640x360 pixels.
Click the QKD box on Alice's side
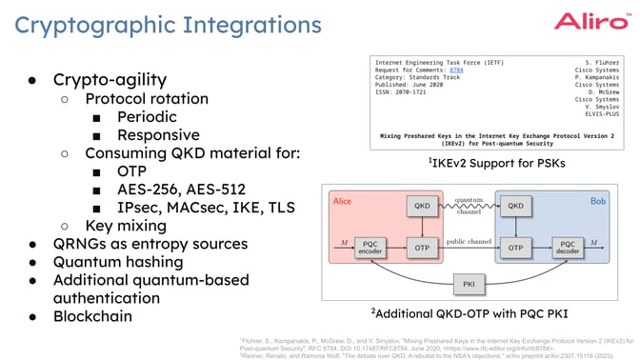tap(420, 205)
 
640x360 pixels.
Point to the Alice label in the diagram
tap(342, 201)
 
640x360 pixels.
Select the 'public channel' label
tap(469, 242)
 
